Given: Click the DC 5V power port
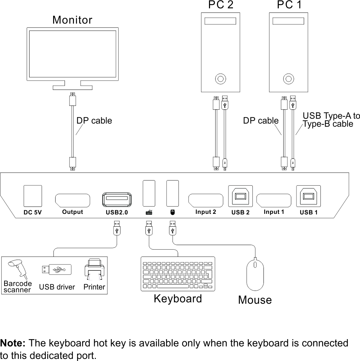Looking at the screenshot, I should coord(33,196).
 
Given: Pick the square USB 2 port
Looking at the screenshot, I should coord(240,196).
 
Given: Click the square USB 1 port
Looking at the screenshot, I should coord(308,196).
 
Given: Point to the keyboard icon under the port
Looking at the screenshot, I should coord(149,212).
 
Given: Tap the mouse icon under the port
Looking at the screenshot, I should coord(173,212).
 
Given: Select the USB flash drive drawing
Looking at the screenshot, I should coord(57,269).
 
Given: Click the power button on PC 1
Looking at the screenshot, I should coord(288,79).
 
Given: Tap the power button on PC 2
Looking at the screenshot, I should coord(220,79).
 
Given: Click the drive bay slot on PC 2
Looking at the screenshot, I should coord(220,21).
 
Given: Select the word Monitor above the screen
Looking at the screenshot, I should coord(72,20).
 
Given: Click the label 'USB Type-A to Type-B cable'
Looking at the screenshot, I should coord(331,120).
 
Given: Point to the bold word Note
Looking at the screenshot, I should coord(13,343).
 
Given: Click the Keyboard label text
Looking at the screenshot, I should coord(177,299).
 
